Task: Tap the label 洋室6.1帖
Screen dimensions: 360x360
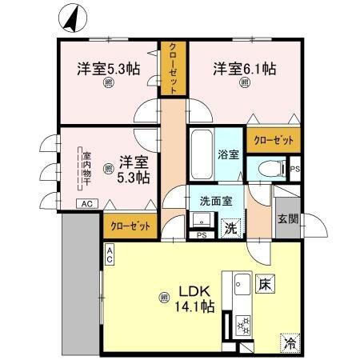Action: tap(244, 70)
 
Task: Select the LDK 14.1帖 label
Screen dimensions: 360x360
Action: tap(195, 297)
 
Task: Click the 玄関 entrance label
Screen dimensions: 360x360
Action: tap(287, 219)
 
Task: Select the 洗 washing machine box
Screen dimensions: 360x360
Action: tap(230, 227)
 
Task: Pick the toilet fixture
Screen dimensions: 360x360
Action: tap(270, 169)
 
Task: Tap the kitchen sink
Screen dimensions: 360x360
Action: tap(241, 285)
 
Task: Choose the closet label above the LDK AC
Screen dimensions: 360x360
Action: tap(130, 226)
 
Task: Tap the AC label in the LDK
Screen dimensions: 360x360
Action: tap(110, 255)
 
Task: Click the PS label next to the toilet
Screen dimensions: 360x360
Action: tap(294, 170)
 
